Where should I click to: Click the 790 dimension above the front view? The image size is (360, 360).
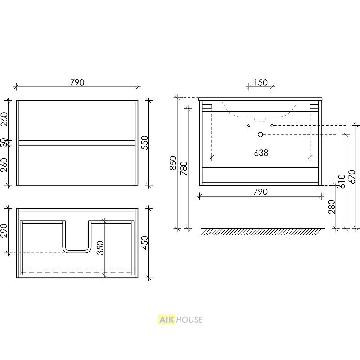coord(77,83)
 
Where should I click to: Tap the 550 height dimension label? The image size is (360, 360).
coord(144,143)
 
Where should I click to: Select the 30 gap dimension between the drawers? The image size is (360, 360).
coord(4,143)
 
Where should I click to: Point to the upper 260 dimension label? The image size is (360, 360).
coord(4,119)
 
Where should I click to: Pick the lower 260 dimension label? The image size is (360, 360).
coord(4,165)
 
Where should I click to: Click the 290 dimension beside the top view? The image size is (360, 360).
coord(4,230)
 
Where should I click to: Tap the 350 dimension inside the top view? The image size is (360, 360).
coord(100,248)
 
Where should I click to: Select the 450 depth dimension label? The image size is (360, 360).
coord(144,243)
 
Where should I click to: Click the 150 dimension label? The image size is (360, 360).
coord(261,83)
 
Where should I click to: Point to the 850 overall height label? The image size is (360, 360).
coord(173,163)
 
